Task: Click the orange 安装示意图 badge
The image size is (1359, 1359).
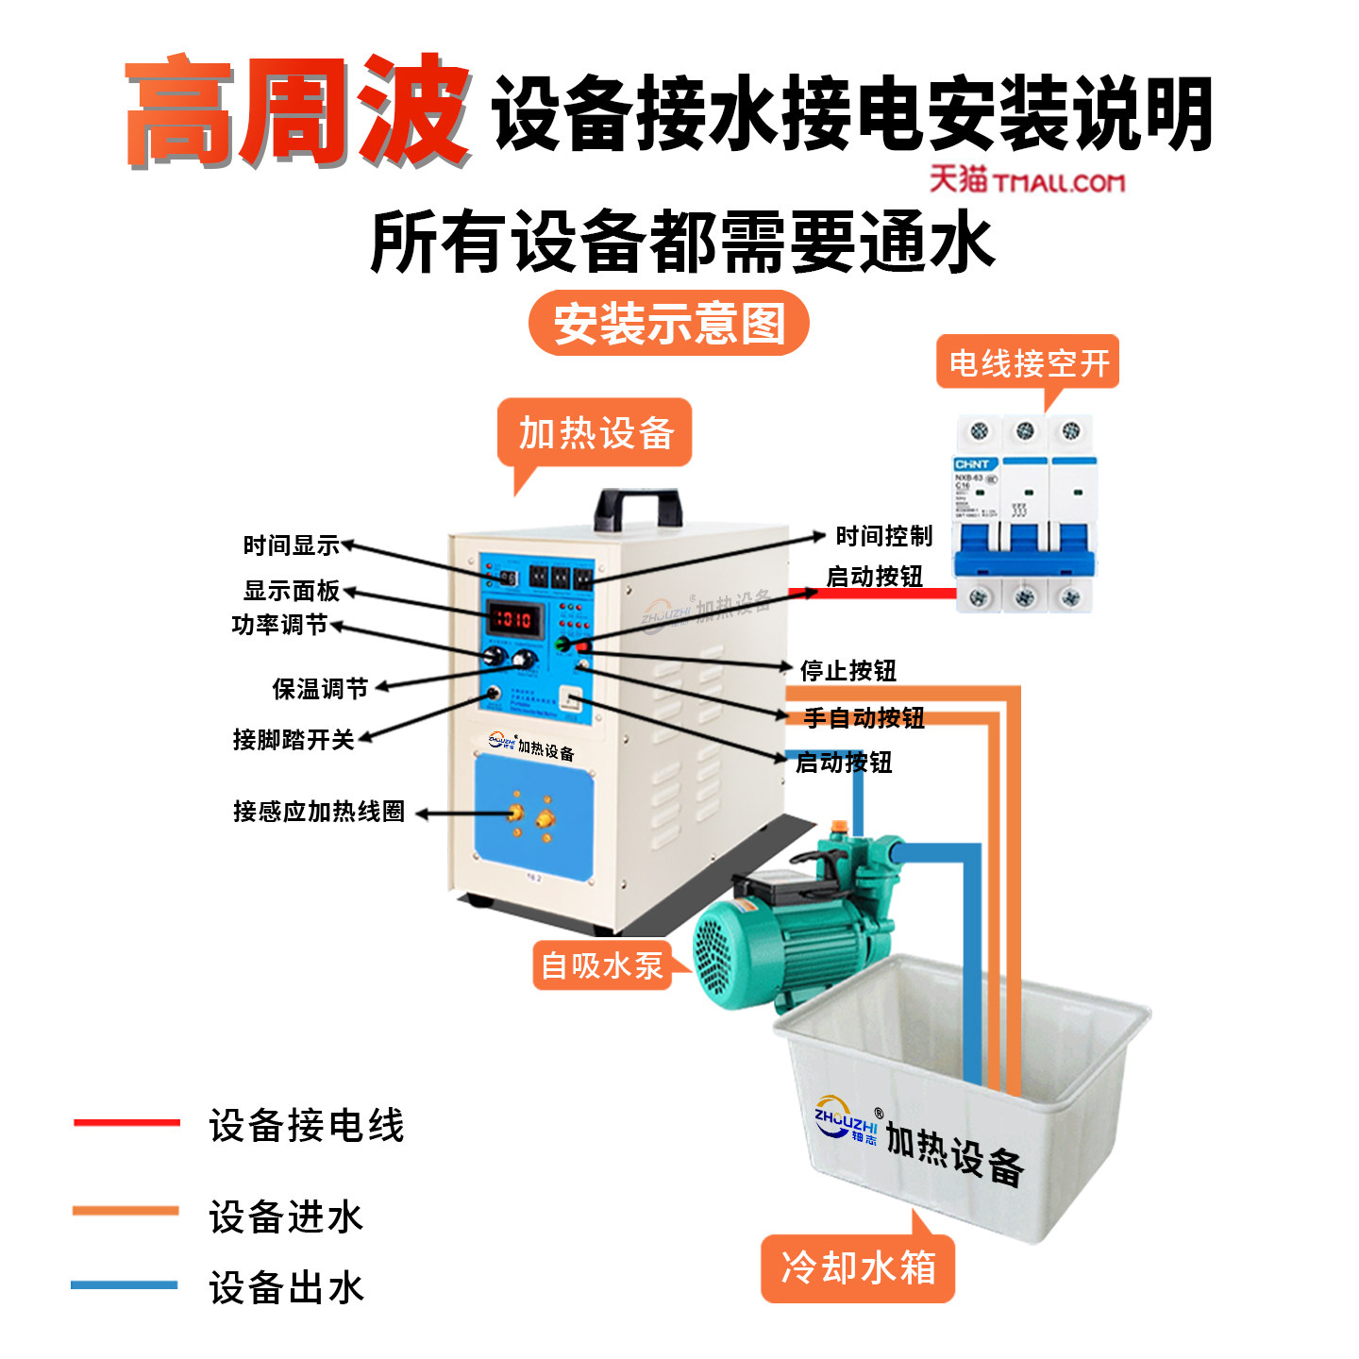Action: pos(668,323)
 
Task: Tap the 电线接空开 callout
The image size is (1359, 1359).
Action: pos(1028,362)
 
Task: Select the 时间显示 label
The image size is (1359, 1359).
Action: pos(291,545)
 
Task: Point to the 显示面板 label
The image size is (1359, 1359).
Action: pos(291,591)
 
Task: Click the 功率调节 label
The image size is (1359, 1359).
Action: pos(279,625)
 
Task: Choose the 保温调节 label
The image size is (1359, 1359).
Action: pos(320,689)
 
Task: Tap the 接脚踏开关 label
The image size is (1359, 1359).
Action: pos(294,739)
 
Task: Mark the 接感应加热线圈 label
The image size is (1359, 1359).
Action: pos(319,812)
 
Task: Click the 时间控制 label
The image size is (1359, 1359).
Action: pos(883,536)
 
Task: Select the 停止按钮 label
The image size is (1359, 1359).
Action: pos(847,671)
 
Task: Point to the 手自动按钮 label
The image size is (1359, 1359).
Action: pos(864,718)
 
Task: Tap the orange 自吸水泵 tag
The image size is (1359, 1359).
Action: pos(602,965)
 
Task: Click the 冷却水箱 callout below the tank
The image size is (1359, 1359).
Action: pos(858,1267)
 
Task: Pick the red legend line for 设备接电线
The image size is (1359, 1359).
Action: pos(126,1122)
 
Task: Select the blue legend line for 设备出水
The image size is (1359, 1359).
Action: pos(125,1284)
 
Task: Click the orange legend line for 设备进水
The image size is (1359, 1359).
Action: pos(126,1210)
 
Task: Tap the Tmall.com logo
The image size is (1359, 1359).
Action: pos(1027,179)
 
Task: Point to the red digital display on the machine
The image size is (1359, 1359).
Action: pos(513,620)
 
